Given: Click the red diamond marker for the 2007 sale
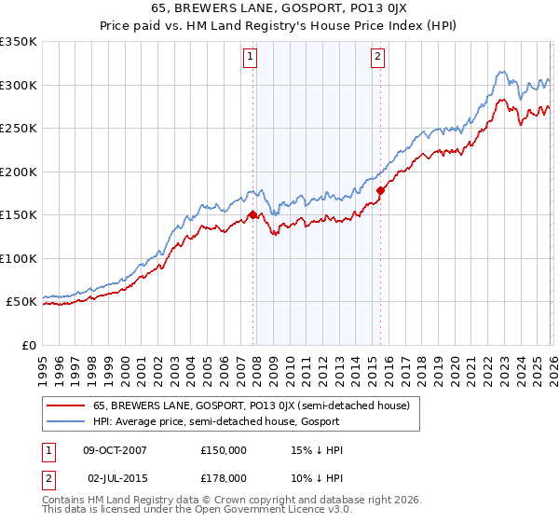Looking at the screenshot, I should tap(252, 214).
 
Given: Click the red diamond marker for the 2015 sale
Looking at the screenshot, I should tap(380, 190).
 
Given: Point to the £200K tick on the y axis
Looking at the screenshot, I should tap(19, 172).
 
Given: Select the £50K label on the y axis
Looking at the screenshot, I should tap(22, 302).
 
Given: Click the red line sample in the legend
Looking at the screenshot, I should tap(66, 405).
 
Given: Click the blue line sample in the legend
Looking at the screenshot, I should tap(66, 421).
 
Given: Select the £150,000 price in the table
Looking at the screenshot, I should tap(224, 449).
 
